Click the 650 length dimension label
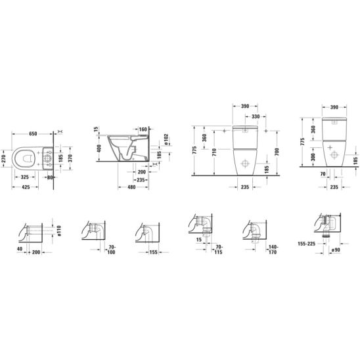(x=33, y=133)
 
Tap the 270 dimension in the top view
(x=3, y=158)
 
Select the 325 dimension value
(x=25, y=177)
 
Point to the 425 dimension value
(x=26, y=187)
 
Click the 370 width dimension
(x=70, y=158)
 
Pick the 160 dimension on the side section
(x=143, y=129)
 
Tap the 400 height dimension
(x=99, y=148)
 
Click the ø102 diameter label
(x=166, y=139)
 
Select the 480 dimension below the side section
(x=131, y=187)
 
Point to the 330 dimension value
(x=256, y=117)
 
